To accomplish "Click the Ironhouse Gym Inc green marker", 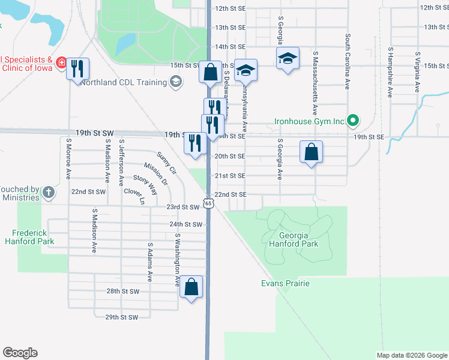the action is point(354,121).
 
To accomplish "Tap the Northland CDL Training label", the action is point(125,82).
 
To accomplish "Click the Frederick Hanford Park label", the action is point(34,237).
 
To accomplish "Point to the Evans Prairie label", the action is point(285,283).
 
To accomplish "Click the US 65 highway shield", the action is point(208,204).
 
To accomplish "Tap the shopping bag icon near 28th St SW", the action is point(191,287).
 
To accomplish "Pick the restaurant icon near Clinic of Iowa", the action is point(77,68).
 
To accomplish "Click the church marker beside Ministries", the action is point(49,193).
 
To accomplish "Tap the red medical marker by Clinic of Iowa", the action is point(61,62).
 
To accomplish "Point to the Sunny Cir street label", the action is point(167,163).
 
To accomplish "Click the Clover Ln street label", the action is point(134,197).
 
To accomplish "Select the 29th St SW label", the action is point(121,317).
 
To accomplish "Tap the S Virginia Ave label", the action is point(417,73).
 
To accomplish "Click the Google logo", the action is point(20,353).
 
